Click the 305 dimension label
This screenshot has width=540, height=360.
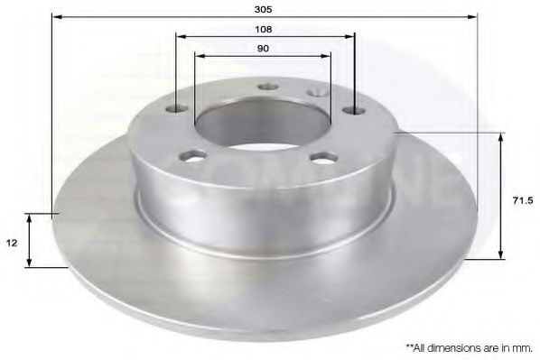[x=263, y=9]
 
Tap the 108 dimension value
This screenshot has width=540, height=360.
[x=263, y=29]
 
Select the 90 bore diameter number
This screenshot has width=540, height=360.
[x=263, y=49]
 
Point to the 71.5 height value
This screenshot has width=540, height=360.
[x=523, y=200]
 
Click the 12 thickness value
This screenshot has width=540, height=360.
[x=12, y=243]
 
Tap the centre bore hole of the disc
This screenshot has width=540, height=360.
[x=263, y=124]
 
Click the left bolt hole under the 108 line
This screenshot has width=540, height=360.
[x=176, y=109]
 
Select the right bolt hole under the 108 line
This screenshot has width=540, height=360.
[x=355, y=110]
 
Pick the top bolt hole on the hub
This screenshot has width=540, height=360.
[x=268, y=87]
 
